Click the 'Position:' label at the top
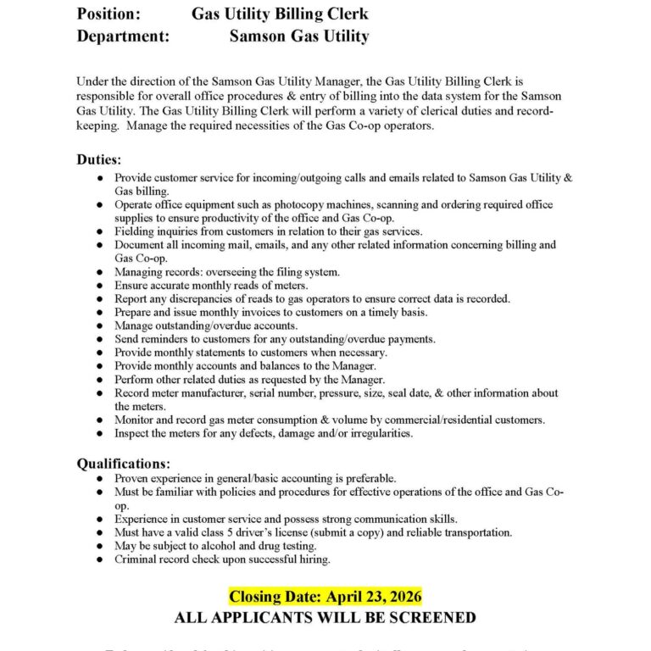pyautogui.click(x=109, y=14)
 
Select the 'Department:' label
pyautogui.click(x=123, y=36)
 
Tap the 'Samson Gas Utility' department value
pyautogui.click(x=299, y=36)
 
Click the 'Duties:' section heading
pyautogui.click(x=99, y=159)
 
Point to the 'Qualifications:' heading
pyautogui.click(x=124, y=464)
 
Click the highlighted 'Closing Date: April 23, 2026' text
pyautogui.click(x=325, y=597)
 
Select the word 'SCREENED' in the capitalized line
pyautogui.click(x=429, y=618)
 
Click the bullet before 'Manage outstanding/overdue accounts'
pyautogui.click(x=101, y=325)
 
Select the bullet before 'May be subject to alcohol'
pyautogui.click(x=101, y=546)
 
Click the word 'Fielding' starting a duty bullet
pyautogui.click(x=136, y=231)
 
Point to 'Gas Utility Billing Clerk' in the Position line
pyautogui.click(x=280, y=14)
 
